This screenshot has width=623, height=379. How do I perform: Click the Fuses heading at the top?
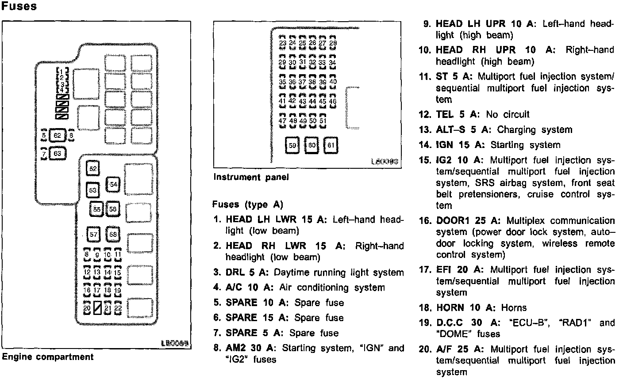coord(19,7)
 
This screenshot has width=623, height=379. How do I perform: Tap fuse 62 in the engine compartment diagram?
coord(57,135)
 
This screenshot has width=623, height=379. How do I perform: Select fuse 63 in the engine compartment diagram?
coord(57,154)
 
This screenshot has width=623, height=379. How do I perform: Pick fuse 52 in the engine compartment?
coord(93,169)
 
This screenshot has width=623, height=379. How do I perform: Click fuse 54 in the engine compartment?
coord(114,184)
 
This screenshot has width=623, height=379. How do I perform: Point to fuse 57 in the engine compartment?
coord(93,234)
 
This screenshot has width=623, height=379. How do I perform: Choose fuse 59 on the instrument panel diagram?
coord(292,145)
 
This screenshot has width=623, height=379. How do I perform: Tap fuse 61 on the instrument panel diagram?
coord(331,145)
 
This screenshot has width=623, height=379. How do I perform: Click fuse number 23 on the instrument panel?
coord(283,43)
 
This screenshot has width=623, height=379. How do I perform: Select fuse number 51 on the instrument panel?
coord(323,121)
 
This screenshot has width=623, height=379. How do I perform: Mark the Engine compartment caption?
coord(48,357)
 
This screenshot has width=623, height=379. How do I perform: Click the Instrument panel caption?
coord(251,177)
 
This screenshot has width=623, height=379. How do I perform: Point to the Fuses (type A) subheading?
coord(247,205)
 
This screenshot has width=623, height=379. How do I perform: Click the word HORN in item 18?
coord(450,308)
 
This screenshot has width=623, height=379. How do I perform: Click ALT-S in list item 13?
coord(450,130)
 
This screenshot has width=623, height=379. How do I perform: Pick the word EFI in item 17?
coord(444,270)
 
